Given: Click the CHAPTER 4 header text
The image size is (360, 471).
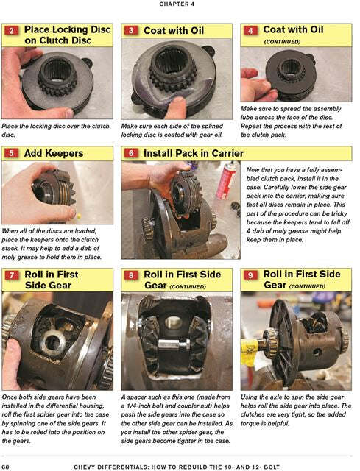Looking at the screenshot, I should click(x=180, y=4).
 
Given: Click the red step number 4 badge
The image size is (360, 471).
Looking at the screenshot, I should click(x=251, y=32).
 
